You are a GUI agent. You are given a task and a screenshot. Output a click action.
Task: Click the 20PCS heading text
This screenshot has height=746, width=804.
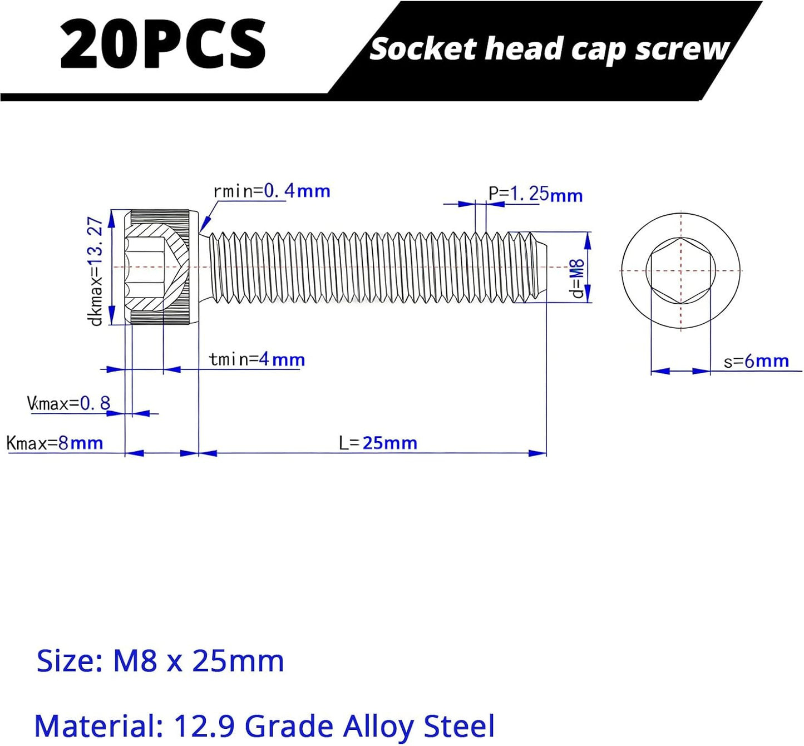coord(162,43)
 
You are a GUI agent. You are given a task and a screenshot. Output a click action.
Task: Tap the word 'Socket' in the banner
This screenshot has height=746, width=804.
coord(423,50)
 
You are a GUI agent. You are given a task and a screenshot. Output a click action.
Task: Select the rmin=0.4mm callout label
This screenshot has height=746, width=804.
coord(272,191)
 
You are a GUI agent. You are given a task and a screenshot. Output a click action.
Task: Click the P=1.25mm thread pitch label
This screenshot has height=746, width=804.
coord(536,194)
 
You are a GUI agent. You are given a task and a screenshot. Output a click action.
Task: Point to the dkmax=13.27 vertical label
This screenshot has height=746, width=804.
coord(96,271)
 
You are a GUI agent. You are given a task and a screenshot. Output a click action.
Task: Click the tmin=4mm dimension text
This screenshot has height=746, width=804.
coord(257,359)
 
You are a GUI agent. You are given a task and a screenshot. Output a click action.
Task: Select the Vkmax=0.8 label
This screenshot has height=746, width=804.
coord(68,403)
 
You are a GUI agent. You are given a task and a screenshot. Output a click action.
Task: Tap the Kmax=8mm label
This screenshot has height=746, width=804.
coord(55,443)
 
